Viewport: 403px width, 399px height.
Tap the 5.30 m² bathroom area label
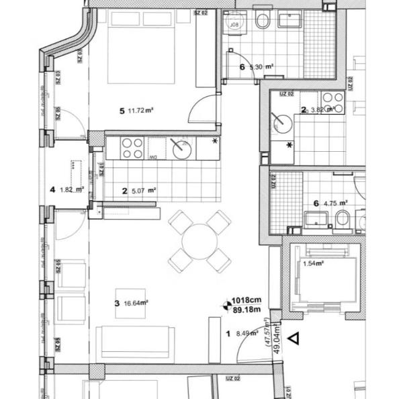[262, 67]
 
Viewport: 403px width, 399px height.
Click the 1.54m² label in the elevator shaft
[313, 264]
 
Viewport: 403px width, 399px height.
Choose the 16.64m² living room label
[136, 303]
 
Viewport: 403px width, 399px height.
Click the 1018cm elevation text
[245, 300]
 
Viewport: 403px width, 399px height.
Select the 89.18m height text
[247, 310]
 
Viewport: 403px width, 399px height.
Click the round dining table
[199, 240]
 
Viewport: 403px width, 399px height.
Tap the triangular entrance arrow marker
[293, 339]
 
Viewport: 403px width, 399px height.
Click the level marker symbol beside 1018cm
[225, 305]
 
